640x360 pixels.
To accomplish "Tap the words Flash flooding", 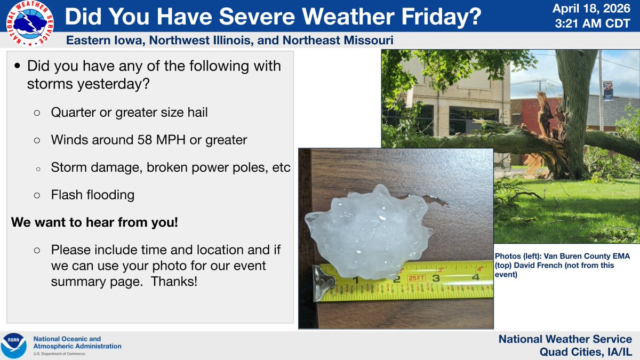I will point(92,195).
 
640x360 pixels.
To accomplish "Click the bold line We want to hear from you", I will point(94,222).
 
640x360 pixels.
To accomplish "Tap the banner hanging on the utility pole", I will point(607,90).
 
